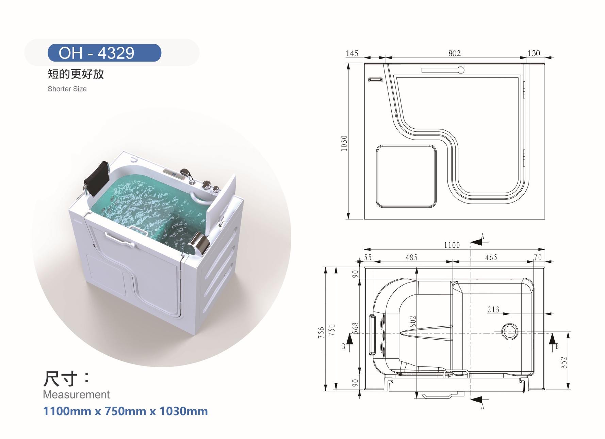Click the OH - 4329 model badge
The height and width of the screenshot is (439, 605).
pyautogui.click(x=104, y=53)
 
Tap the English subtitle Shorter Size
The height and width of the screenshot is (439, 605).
pyautogui.click(x=67, y=89)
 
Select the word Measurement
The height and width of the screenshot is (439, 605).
pyautogui.click(x=76, y=394)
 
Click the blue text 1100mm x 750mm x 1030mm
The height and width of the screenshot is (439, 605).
pyautogui.click(x=125, y=411)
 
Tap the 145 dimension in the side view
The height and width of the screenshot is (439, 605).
pyautogui.click(x=352, y=53)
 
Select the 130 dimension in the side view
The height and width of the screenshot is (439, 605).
pyautogui.click(x=534, y=53)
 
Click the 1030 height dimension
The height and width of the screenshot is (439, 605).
pyautogui.click(x=344, y=143)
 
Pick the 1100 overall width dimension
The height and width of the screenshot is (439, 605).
pyautogui.click(x=452, y=245)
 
